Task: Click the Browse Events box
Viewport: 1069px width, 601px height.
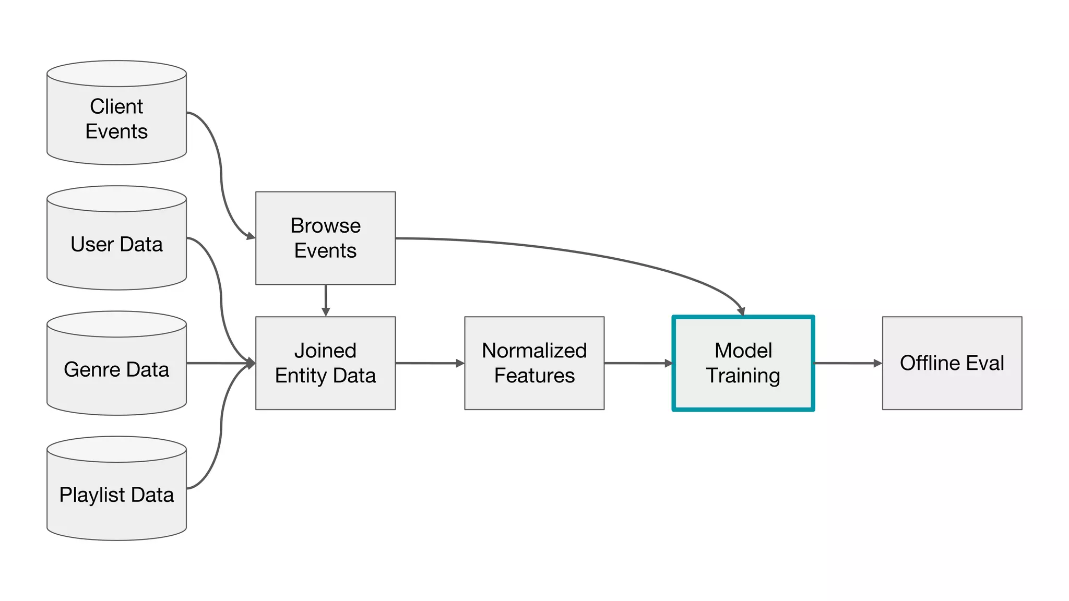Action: (x=325, y=238)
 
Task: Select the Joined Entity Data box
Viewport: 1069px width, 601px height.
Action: (x=325, y=363)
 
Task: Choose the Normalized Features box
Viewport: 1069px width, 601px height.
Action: (x=534, y=363)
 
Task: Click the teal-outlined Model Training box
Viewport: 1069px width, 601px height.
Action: (x=743, y=363)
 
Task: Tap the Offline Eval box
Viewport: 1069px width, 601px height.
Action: (x=952, y=363)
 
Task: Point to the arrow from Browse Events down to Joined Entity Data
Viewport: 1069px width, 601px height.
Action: (x=326, y=300)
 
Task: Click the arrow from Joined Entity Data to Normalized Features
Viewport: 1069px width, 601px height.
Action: (x=429, y=363)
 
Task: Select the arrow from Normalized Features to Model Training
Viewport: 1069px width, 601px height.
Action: (x=638, y=363)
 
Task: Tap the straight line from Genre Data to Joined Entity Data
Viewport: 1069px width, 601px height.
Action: (x=219, y=363)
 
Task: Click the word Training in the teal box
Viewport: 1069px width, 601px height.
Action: (x=743, y=376)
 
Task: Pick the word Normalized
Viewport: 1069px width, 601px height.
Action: (x=534, y=351)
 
